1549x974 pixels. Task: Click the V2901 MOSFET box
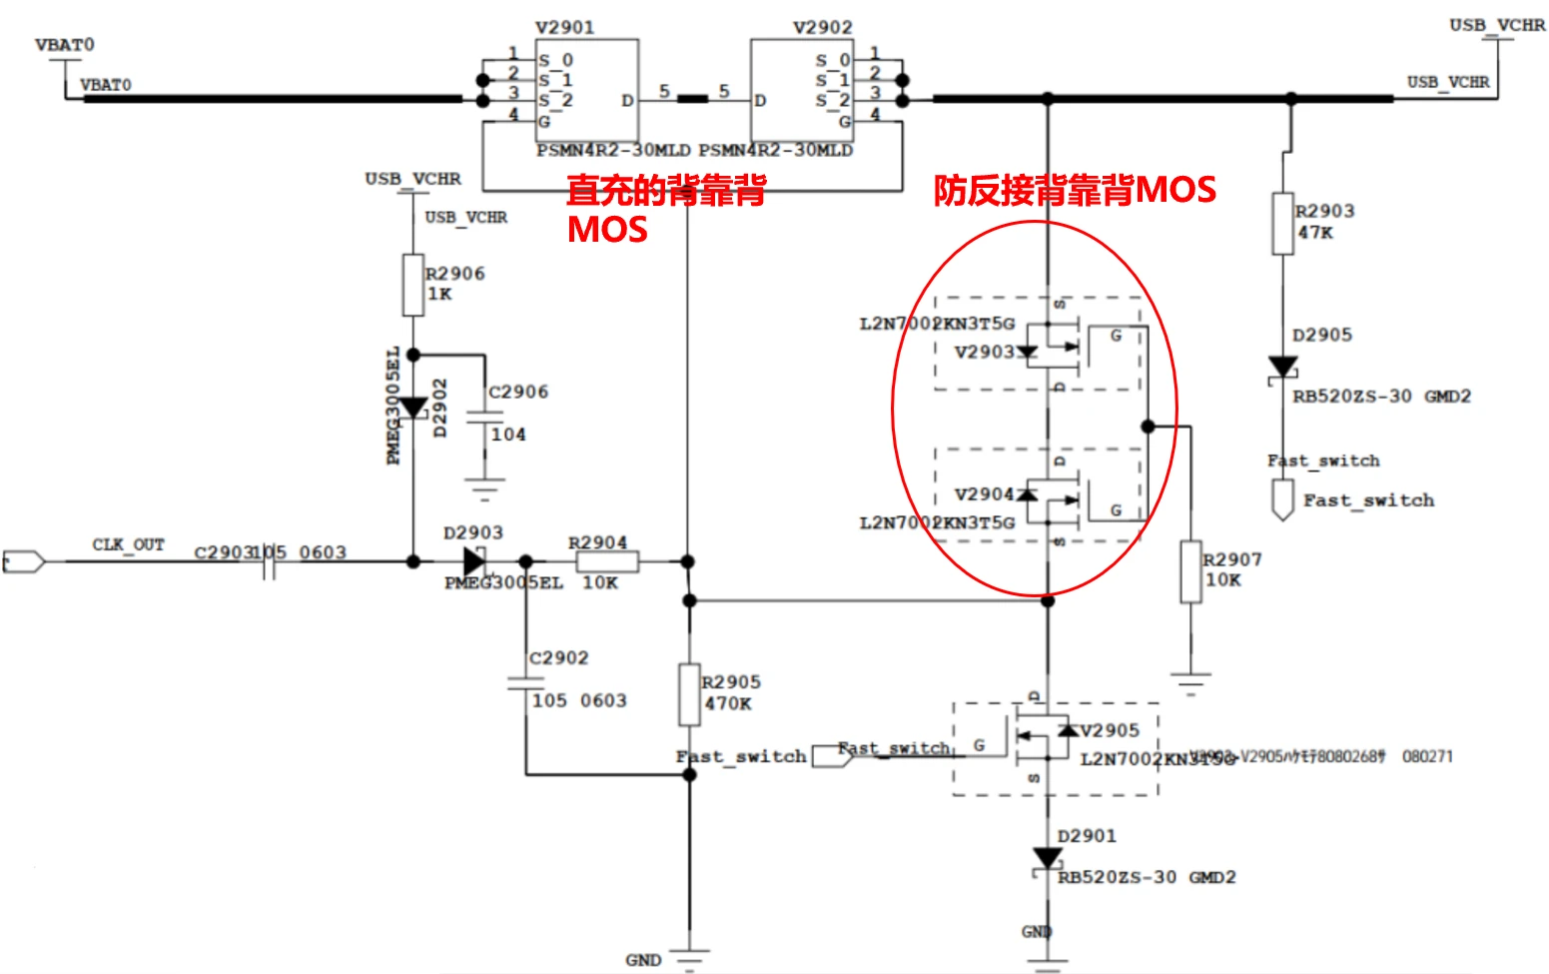point(586,90)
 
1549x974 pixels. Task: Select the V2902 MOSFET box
point(802,90)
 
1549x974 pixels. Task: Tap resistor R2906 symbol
point(412,285)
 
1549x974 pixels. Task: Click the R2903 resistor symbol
point(1283,224)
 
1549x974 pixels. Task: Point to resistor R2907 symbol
point(1190,571)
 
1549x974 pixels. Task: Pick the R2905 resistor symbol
point(689,694)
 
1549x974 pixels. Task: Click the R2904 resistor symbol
point(607,561)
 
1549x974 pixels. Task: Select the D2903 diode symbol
point(474,561)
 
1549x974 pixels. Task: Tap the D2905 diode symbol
point(1283,368)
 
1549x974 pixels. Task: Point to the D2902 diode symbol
point(412,408)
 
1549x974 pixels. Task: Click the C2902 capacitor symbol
point(526,683)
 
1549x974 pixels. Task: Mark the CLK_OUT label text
point(128,544)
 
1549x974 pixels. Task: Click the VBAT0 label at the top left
point(65,45)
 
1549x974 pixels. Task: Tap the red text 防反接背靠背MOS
point(1075,190)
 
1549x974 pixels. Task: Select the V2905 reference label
point(1110,730)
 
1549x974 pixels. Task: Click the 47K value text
point(1315,233)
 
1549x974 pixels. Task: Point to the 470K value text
point(728,703)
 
